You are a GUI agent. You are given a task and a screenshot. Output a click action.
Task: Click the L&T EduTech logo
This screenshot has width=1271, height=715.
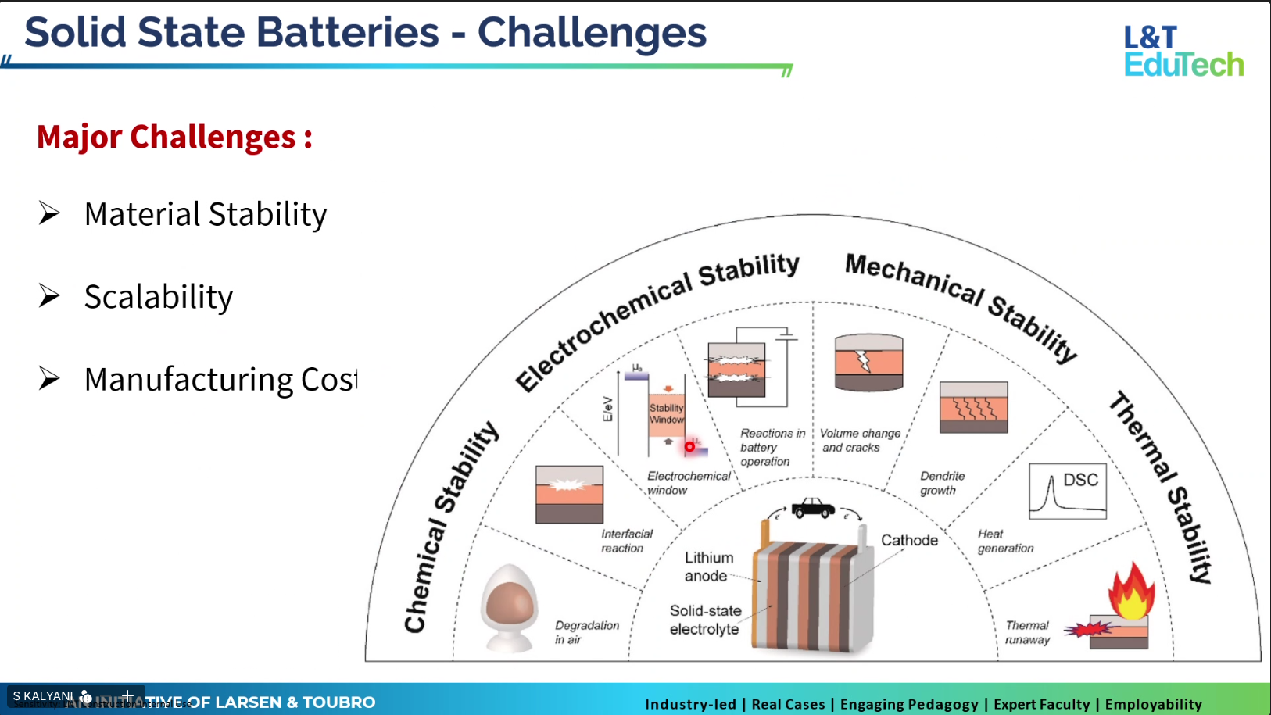[x=1183, y=52]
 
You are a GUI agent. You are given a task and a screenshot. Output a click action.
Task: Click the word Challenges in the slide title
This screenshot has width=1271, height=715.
[x=592, y=33]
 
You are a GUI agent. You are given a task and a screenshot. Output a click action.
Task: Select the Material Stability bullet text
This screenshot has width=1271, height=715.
[x=205, y=214]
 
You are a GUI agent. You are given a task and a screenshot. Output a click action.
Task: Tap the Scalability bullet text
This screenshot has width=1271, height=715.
[x=158, y=297]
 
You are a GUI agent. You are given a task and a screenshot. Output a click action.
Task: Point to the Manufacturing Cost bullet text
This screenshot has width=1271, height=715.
[x=220, y=380]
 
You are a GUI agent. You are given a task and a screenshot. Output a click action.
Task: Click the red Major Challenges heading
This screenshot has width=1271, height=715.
[x=174, y=137]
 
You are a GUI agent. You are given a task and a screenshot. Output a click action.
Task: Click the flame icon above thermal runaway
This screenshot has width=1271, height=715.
[x=1131, y=592]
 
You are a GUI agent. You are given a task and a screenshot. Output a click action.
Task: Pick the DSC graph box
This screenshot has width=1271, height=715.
[x=1068, y=492]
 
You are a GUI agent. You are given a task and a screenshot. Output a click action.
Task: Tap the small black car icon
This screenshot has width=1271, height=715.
[x=813, y=508]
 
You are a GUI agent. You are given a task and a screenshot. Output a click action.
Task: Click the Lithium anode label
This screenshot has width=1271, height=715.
[x=708, y=567]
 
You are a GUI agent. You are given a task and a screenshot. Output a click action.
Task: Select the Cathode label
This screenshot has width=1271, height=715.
[x=909, y=540]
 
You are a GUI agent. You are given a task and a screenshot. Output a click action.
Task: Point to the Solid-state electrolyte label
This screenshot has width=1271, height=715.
[x=704, y=620]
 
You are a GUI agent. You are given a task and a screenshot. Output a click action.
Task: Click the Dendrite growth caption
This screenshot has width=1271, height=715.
[x=942, y=483]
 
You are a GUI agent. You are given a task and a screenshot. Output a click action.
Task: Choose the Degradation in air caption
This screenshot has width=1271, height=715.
[x=586, y=632]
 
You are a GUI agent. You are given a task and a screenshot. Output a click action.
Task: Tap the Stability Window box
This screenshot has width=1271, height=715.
[x=666, y=414]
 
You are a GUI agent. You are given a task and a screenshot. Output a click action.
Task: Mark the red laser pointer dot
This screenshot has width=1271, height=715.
[x=689, y=447]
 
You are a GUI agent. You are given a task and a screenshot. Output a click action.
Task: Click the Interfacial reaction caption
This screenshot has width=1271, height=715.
[x=626, y=541]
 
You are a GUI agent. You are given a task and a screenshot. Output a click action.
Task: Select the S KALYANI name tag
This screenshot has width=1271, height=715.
[x=44, y=695]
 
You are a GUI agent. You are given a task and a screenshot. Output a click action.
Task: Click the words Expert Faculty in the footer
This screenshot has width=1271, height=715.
[x=1041, y=704]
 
